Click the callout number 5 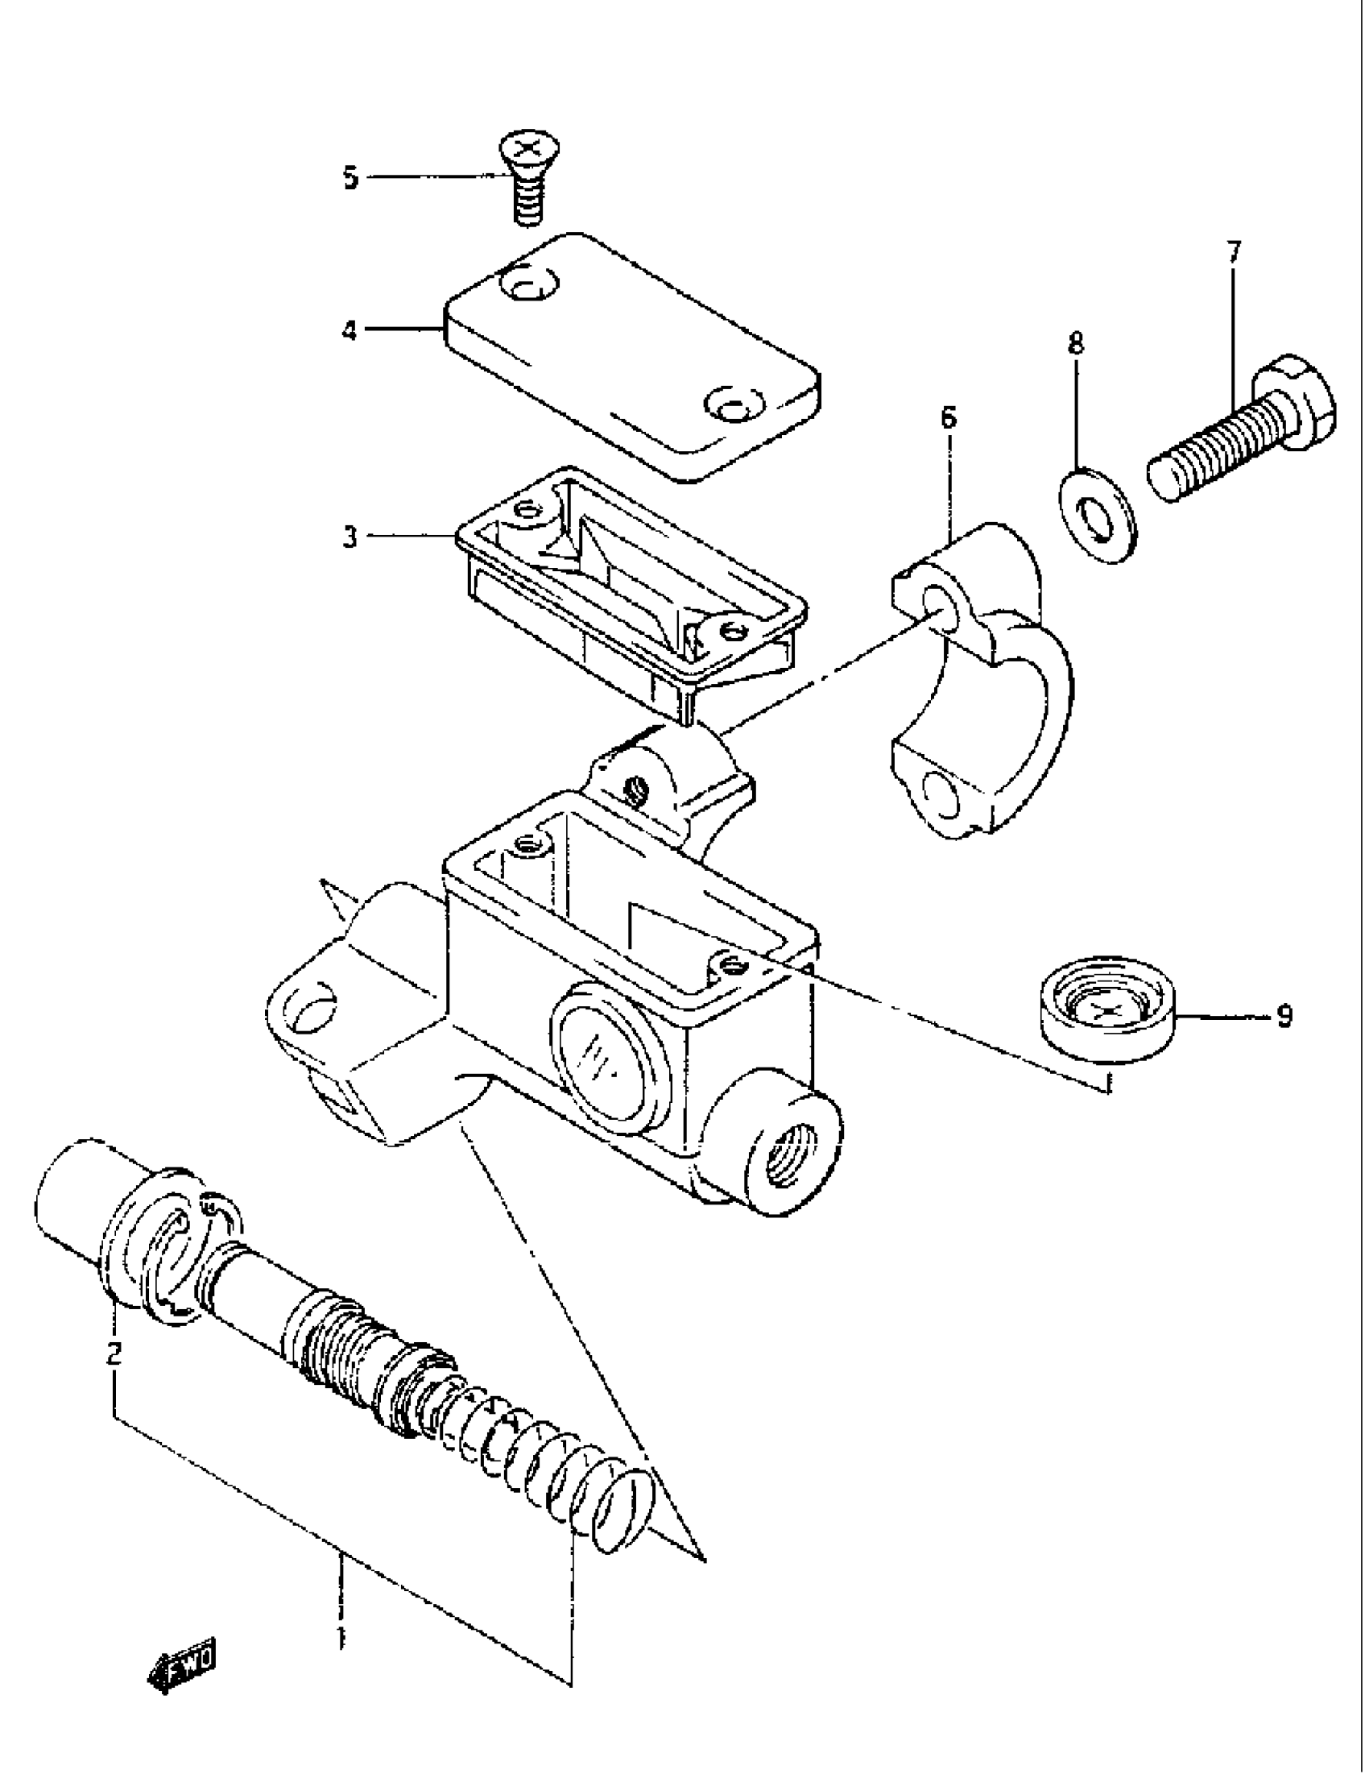click(350, 177)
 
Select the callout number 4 click(349, 330)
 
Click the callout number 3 click(349, 537)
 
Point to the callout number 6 click(949, 418)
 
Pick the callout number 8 click(1075, 343)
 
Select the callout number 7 click(1234, 253)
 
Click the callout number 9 click(1283, 1016)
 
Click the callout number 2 click(114, 1353)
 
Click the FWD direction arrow click(184, 1674)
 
